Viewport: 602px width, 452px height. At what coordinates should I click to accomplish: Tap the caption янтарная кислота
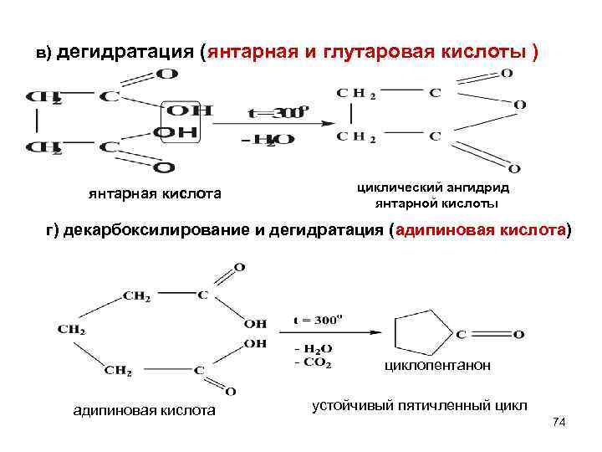pos(156,194)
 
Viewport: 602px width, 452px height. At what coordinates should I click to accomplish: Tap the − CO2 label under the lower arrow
pos(313,363)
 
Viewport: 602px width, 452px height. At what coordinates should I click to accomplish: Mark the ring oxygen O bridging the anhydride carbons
pos(519,105)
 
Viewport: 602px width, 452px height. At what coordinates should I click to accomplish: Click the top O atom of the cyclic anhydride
pos(507,74)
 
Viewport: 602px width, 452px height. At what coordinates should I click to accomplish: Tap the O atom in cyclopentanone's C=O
pos(518,334)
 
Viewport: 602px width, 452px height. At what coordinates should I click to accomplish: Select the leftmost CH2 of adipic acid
pos(72,329)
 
